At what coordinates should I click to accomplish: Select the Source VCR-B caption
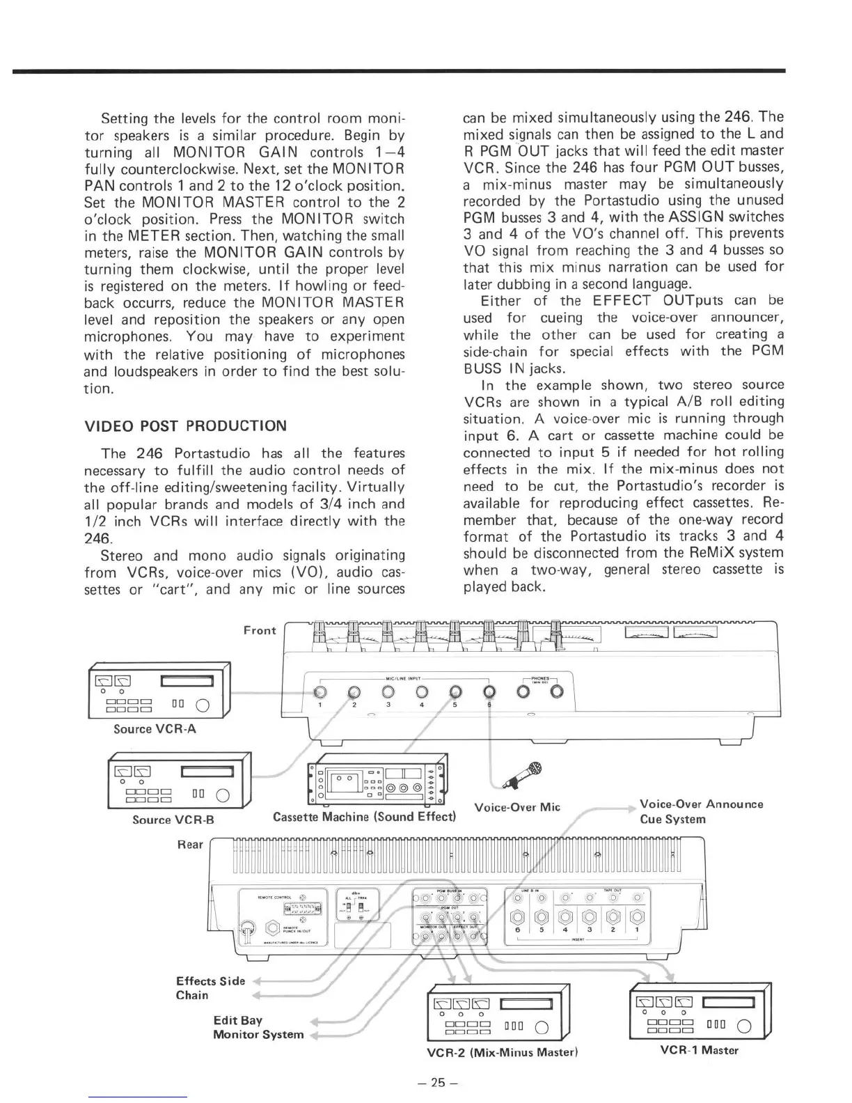point(173,820)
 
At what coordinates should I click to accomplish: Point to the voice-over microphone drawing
point(521,773)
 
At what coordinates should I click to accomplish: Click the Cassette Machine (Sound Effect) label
point(364,816)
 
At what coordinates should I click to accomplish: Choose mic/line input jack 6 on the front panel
point(489,692)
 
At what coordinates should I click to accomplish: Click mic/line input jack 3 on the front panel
point(388,692)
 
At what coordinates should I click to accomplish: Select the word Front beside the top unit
point(260,630)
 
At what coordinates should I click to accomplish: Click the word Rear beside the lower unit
point(190,844)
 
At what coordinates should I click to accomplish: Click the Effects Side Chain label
point(210,987)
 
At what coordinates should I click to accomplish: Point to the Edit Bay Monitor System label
point(258,1027)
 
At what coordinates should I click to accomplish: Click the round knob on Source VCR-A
point(203,705)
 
